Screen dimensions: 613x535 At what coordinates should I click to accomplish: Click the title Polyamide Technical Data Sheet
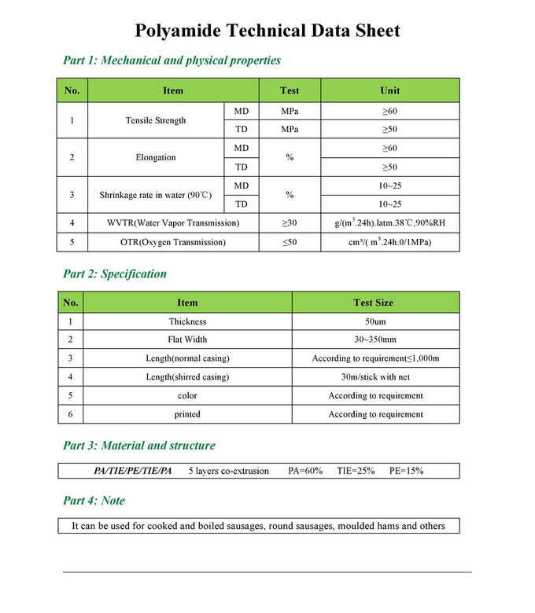click(267, 31)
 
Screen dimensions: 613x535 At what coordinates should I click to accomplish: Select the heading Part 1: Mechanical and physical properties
click(172, 61)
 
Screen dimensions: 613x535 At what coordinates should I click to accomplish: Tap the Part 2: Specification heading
click(115, 274)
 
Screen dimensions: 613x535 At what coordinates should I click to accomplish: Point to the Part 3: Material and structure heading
click(138, 446)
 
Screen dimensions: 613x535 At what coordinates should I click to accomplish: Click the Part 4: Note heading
click(94, 501)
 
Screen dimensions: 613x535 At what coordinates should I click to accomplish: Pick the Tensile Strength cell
click(156, 120)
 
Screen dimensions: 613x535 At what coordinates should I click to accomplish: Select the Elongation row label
click(156, 157)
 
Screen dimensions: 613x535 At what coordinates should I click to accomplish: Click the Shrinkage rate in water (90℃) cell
click(156, 194)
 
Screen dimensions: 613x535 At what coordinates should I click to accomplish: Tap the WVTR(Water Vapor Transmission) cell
click(173, 223)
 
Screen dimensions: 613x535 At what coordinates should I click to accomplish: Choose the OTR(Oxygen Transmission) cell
click(173, 242)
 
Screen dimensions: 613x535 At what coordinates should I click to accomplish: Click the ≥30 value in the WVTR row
click(290, 223)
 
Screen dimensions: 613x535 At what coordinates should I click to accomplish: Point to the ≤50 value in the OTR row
click(290, 242)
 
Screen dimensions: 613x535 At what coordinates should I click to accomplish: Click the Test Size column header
click(374, 303)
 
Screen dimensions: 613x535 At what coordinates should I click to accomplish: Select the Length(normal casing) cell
click(187, 358)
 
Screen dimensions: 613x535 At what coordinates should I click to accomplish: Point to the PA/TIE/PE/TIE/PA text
click(132, 471)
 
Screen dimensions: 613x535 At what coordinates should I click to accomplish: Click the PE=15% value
click(406, 471)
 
